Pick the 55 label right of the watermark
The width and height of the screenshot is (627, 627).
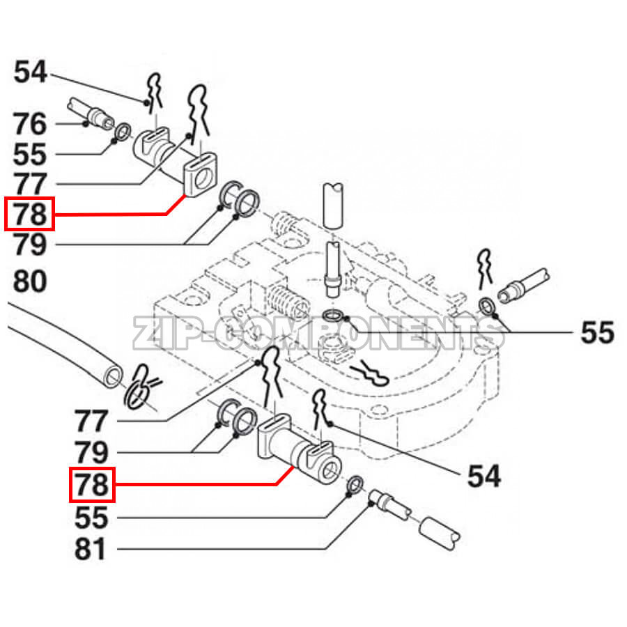point(598,333)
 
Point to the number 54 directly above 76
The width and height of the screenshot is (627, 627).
point(29,72)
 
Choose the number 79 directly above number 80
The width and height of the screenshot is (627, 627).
point(29,245)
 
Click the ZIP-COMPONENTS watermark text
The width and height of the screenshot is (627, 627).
point(317,334)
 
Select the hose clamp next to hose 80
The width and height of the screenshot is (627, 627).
point(141,389)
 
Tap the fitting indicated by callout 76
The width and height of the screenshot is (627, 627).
point(91,115)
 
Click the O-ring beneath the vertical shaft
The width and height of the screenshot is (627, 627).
point(334,318)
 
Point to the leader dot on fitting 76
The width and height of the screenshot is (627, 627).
point(85,124)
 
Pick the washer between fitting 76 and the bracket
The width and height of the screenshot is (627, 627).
point(123,131)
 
